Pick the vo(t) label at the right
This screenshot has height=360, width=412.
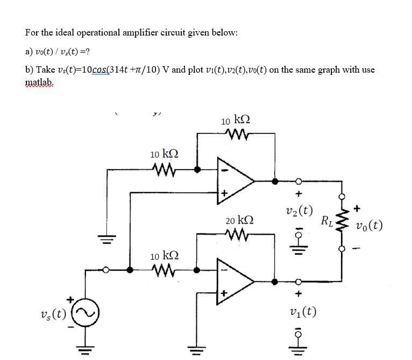[x=369, y=225]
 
